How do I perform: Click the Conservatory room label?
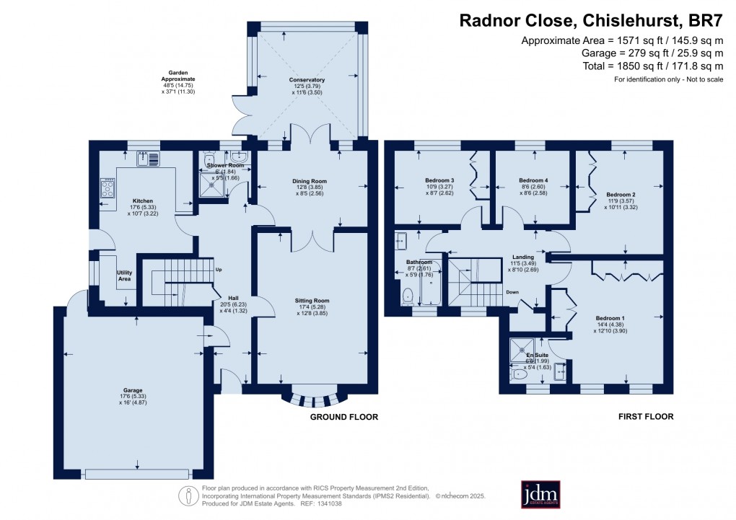tap(308, 80)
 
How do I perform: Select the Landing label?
tap(522, 257)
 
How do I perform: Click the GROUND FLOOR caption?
tap(343, 417)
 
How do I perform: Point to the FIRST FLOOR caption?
tap(646, 417)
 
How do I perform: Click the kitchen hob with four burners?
tap(108, 189)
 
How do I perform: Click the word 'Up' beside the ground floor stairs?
tap(219, 270)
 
